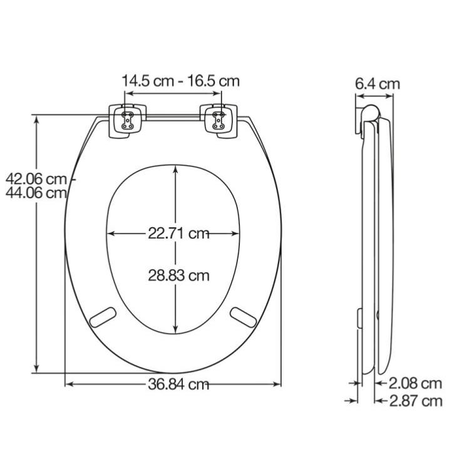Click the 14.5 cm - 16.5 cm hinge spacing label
[180, 81]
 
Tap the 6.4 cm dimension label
[378, 84]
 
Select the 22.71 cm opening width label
[178, 234]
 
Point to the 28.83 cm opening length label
[178, 275]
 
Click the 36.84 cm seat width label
[178, 384]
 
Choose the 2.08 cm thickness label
[415, 383]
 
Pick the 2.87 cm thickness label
[416, 401]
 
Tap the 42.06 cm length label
[36, 179]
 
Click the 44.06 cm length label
[36, 193]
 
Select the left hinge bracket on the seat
[128, 121]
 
